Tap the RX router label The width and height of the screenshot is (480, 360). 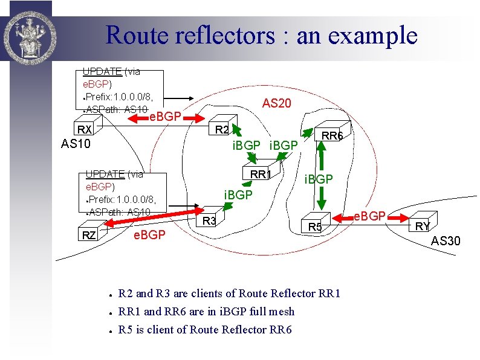tap(83, 130)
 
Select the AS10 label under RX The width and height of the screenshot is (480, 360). tap(76, 144)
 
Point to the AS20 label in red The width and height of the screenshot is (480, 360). tap(277, 104)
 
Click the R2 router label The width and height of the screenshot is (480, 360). tap(222, 130)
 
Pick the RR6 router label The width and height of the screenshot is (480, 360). tap(332, 137)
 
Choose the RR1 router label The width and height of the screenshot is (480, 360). tap(260, 174)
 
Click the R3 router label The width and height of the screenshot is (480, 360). tap(209, 221)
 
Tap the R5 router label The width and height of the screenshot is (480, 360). tap(315, 227)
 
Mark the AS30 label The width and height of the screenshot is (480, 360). tap(446, 242)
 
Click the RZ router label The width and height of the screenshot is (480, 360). tap(89, 235)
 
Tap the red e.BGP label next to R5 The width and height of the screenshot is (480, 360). tap(369, 216)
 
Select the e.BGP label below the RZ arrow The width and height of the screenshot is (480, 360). tap(149, 234)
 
